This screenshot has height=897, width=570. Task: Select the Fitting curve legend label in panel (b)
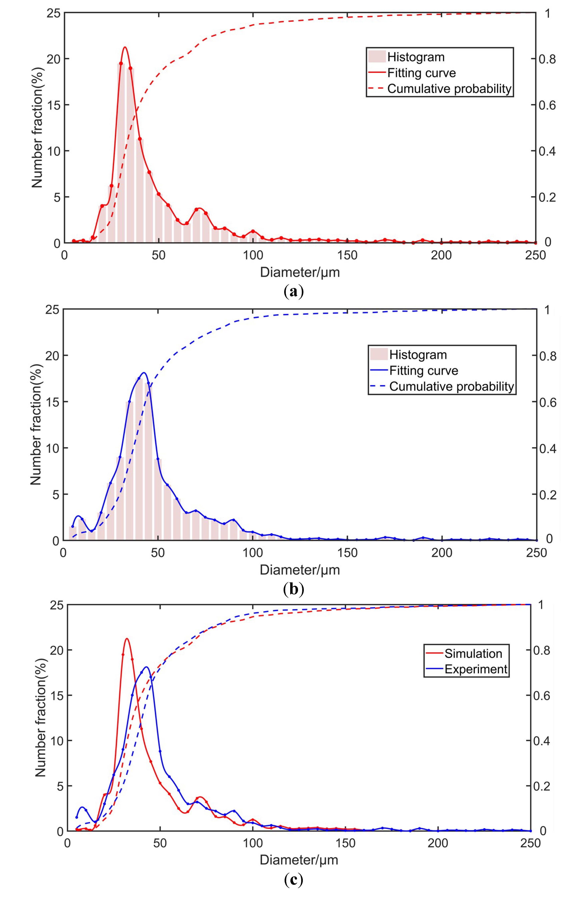coord(424,371)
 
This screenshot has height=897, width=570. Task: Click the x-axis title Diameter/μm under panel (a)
coord(300,272)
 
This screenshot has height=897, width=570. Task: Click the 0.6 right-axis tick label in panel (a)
coord(547,105)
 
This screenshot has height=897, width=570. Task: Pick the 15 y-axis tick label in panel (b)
coord(52,402)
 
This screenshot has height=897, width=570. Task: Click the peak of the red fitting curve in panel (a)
coord(125,47)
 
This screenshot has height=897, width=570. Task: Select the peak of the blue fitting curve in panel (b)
coord(144,372)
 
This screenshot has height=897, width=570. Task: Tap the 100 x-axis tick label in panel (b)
coord(252,553)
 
